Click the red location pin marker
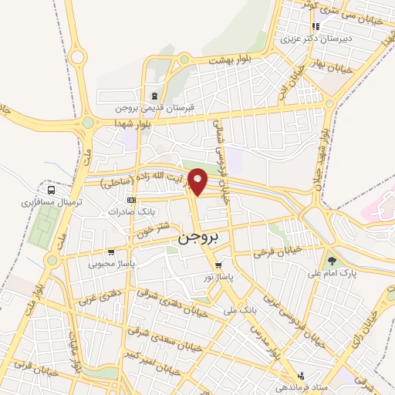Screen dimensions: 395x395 [198, 181]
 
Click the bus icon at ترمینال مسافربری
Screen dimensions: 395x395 [51, 189]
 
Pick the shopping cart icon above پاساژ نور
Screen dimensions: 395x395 [218, 265]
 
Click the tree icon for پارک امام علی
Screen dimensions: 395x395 [333, 261]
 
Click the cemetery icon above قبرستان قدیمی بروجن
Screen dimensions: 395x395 [154, 96]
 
